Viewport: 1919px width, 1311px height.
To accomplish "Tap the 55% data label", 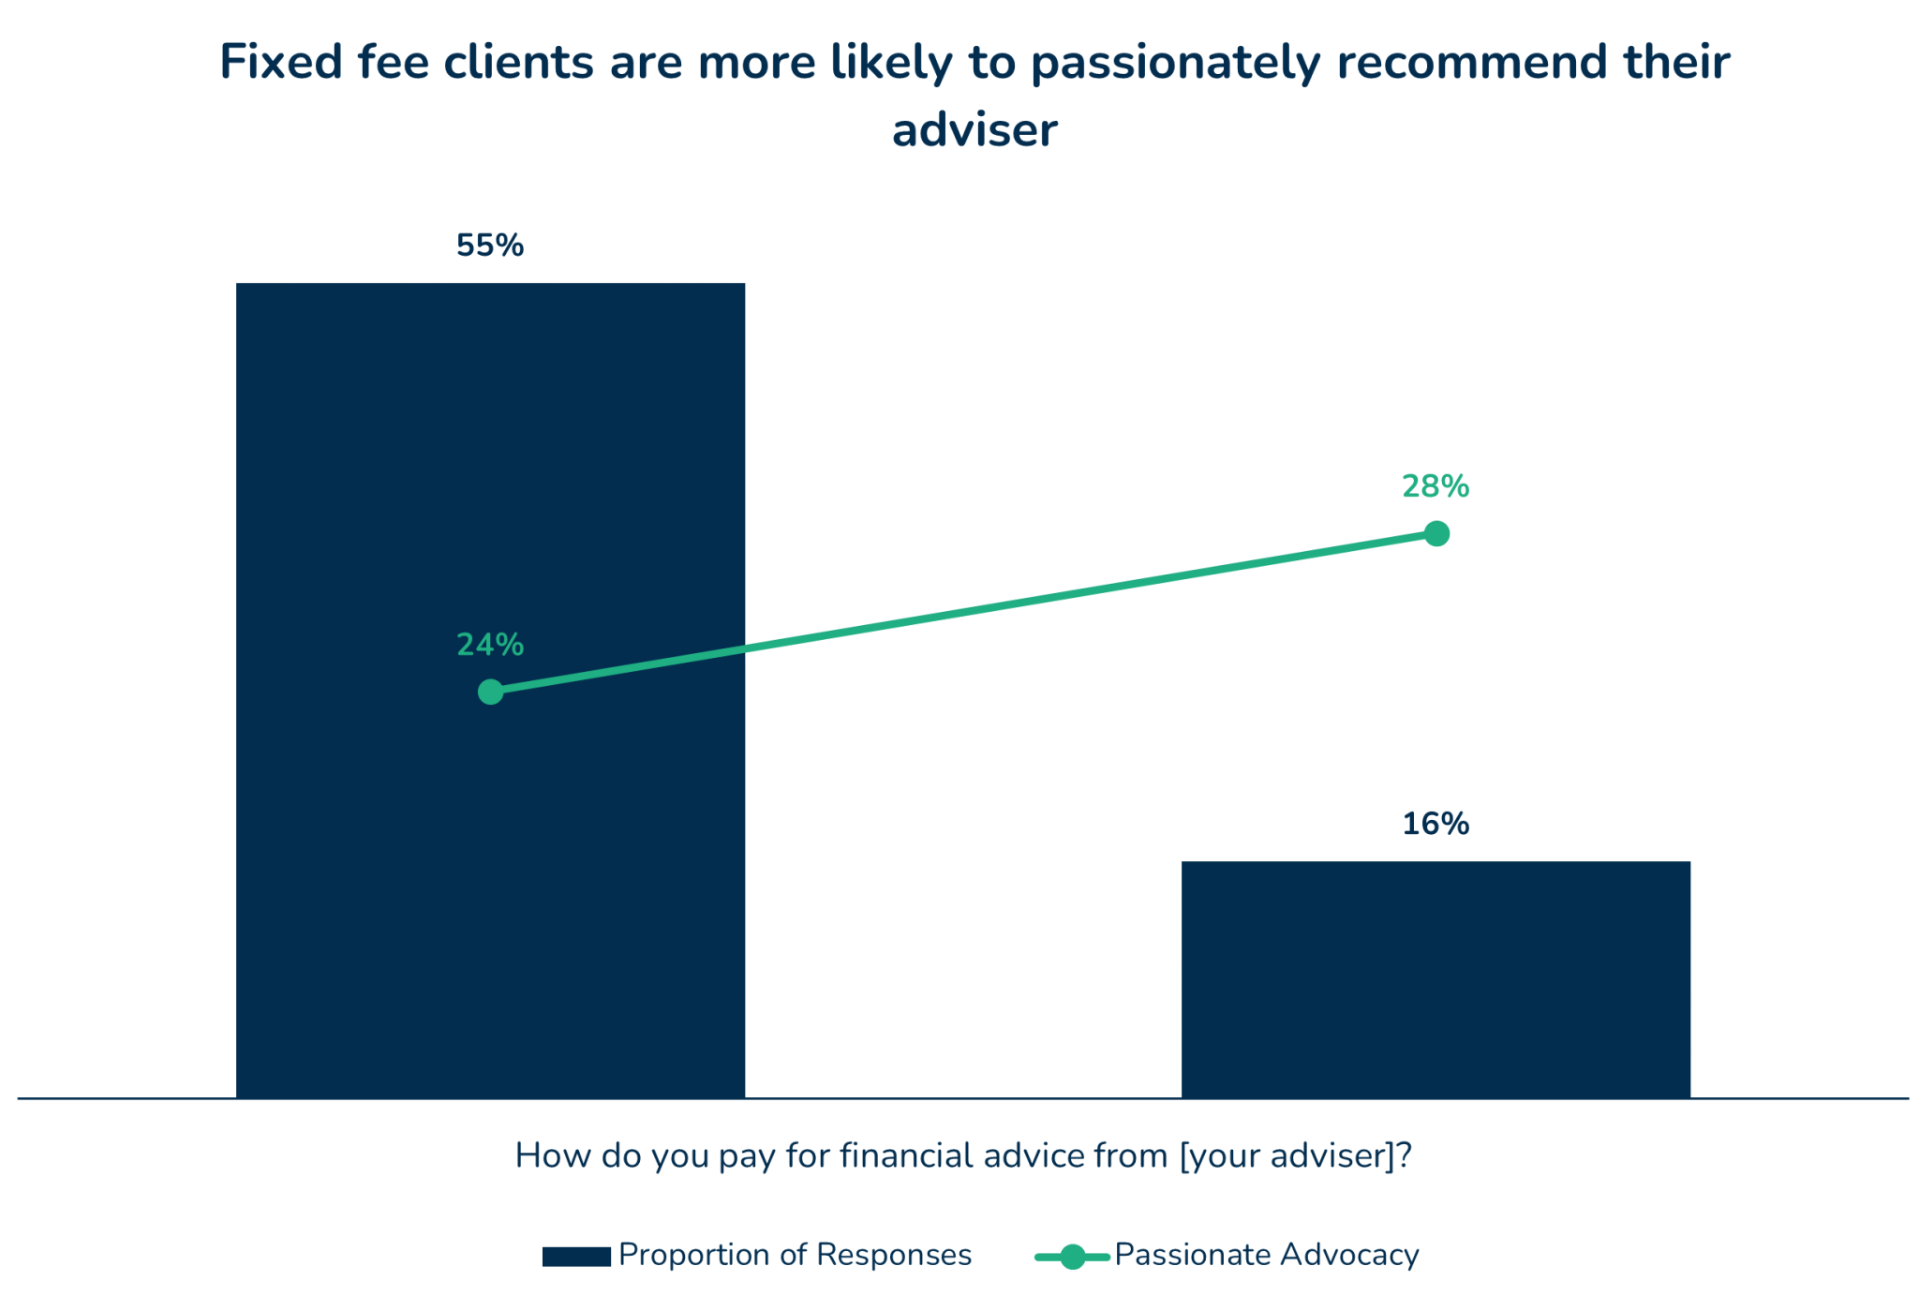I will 490,246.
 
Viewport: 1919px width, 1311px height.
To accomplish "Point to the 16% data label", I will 1436,825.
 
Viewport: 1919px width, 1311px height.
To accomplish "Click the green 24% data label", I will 490,645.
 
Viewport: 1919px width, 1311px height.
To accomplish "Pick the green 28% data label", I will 1436,486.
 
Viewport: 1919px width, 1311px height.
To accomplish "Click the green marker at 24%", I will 490,693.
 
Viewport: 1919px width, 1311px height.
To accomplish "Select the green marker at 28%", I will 1436,534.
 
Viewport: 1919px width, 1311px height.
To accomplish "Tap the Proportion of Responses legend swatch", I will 576,1257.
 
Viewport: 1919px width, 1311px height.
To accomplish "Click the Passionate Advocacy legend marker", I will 1073,1257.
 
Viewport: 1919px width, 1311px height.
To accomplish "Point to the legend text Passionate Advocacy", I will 1267,1255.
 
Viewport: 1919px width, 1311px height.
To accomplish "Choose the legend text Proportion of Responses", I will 796,1255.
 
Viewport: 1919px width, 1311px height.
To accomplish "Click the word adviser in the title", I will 974,130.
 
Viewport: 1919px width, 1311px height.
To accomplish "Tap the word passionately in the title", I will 1176,65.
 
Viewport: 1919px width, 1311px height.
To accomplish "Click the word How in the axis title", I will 552,1155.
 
